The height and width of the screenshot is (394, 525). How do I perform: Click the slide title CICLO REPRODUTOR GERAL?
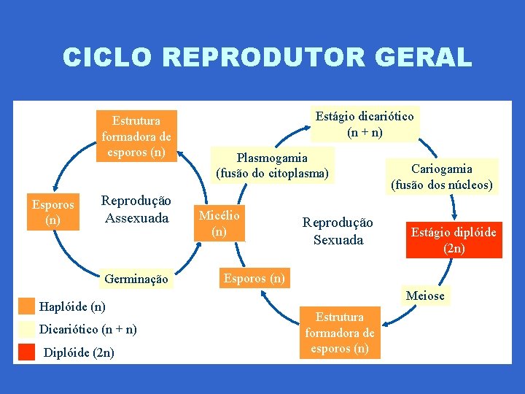click(267, 57)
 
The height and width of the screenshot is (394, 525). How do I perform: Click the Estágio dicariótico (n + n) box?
click(364, 124)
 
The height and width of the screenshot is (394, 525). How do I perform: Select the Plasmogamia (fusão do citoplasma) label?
click(272, 166)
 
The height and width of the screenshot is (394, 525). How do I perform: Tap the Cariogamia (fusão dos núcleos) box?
click(442, 177)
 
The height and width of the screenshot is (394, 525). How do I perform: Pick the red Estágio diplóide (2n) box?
click(454, 239)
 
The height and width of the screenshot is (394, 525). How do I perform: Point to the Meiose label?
click(425, 295)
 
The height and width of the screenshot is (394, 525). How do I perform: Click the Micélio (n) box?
click(219, 223)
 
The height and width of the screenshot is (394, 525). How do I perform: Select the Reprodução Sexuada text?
click(338, 231)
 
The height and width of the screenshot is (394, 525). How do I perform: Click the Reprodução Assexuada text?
click(136, 209)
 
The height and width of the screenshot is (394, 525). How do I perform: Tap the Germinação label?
click(136, 279)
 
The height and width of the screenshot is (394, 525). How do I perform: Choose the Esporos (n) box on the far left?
click(53, 212)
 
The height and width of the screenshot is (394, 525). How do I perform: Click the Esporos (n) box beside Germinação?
click(254, 278)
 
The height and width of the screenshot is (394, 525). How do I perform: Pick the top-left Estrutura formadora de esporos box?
click(136, 136)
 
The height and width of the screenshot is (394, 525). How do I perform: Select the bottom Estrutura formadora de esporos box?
click(340, 333)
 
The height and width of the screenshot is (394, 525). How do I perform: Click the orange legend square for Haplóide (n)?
click(27, 306)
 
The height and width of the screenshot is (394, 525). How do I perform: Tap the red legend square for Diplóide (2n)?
click(27, 352)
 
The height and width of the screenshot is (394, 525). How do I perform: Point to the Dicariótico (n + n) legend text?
click(87, 329)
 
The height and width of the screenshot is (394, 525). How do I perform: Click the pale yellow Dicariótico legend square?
click(27, 329)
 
